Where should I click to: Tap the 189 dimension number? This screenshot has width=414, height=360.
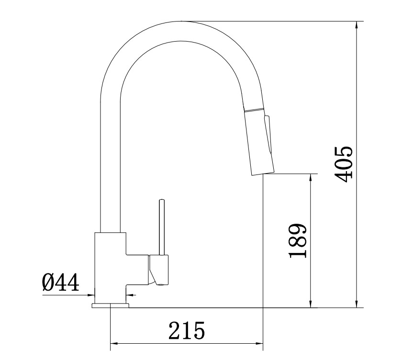tap(297, 240)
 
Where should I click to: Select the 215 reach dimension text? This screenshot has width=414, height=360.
tap(187, 330)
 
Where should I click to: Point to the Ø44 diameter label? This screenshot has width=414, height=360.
tap(60, 282)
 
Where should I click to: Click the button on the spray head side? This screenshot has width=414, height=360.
tap(268, 134)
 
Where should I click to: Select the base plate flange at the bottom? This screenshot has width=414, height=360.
tap(110, 305)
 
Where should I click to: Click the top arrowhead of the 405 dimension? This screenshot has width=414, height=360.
tap(357, 25)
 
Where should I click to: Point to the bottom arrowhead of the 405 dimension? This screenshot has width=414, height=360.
tap(357, 304)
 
